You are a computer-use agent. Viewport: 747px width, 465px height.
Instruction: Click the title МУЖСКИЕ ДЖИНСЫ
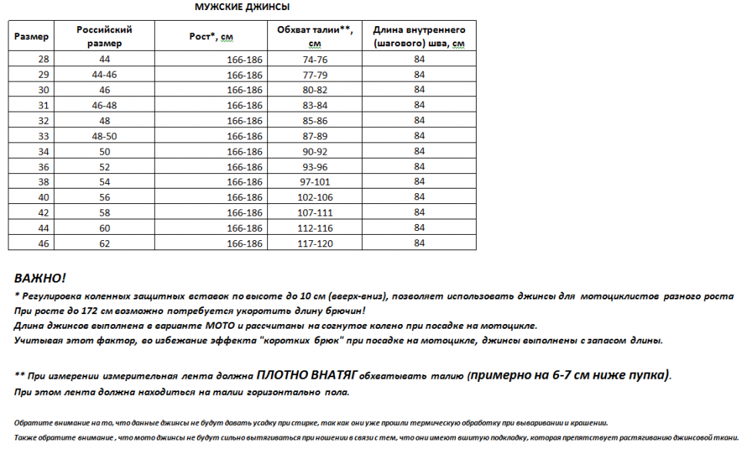242,8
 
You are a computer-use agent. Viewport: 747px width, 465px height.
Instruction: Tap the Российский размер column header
105,36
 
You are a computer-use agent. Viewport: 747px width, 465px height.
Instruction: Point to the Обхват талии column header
314,36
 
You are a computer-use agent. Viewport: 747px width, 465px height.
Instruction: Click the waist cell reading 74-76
315,59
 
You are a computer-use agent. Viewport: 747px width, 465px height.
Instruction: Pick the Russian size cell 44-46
105,75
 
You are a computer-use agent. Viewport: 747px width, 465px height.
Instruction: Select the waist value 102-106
315,197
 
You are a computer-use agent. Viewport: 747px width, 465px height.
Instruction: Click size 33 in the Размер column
42,135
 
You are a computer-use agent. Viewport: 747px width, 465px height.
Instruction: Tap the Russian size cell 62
105,243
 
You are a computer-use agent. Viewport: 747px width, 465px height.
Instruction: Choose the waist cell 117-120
315,243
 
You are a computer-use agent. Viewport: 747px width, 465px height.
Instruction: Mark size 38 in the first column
42,182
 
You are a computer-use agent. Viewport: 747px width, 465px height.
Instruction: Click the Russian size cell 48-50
105,135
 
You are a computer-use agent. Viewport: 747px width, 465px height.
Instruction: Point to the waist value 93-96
315,166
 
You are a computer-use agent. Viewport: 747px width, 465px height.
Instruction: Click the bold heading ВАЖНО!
40,278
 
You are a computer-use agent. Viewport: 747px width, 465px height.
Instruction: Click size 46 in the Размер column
42,243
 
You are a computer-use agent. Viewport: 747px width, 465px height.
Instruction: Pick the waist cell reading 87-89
315,135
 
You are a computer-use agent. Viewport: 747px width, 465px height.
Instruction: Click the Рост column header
211,36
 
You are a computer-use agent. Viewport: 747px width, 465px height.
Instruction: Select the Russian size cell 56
105,197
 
